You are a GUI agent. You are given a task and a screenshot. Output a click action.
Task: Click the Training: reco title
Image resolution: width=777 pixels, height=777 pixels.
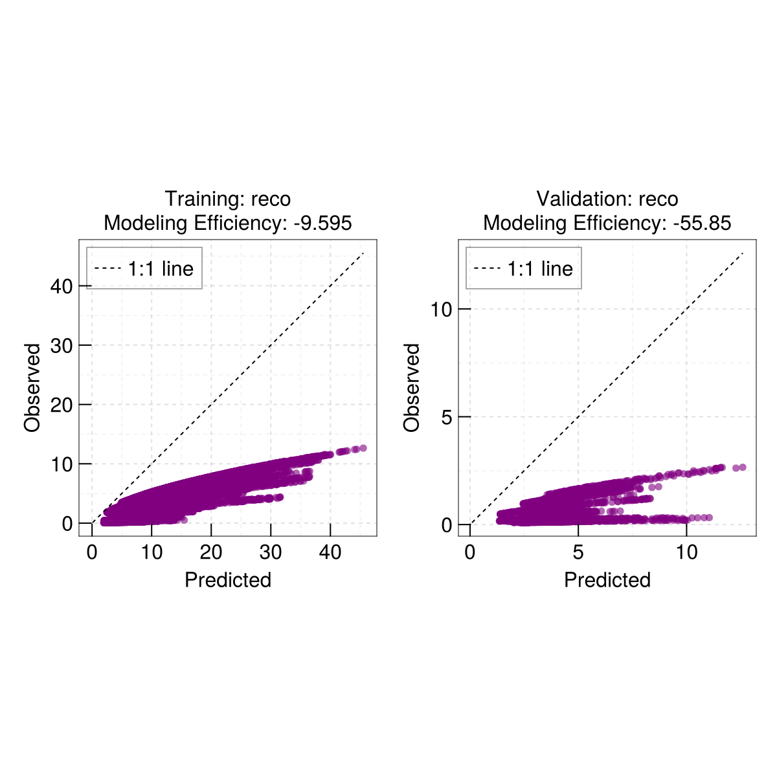[x=227, y=199]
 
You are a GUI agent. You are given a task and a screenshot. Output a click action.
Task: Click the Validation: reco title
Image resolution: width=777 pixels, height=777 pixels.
[x=607, y=199]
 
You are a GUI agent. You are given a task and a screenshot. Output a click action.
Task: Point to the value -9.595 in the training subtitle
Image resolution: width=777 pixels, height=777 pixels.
[x=322, y=223]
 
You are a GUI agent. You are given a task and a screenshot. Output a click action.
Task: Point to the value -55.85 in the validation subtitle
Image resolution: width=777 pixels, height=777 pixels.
[x=702, y=223]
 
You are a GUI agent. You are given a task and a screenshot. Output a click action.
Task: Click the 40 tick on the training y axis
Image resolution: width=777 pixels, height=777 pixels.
[x=61, y=286]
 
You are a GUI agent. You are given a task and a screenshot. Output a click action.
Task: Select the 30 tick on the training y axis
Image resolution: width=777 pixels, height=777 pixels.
[x=61, y=345]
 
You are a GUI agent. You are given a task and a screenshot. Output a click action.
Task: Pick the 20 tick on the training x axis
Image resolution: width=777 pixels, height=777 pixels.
[x=211, y=552]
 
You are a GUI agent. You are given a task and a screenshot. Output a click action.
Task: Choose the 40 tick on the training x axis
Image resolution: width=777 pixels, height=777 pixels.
[x=330, y=552]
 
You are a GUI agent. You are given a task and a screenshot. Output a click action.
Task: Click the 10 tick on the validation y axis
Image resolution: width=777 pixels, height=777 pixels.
[x=441, y=310]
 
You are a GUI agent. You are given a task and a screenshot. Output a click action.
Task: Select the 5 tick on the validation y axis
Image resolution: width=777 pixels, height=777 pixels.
[x=447, y=417]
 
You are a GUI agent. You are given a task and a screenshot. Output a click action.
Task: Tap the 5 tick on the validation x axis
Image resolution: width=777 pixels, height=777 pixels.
[x=578, y=552]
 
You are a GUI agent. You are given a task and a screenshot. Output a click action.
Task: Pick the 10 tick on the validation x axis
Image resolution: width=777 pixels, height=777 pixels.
[x=687, y=552]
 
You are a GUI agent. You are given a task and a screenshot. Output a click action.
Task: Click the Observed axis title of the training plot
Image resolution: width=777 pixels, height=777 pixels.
[x=32, y=387]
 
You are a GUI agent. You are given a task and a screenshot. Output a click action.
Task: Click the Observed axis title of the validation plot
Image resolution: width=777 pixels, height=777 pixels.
[x=412, y=387]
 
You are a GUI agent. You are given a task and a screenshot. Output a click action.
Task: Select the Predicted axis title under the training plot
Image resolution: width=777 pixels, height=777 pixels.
[x=227, y=580]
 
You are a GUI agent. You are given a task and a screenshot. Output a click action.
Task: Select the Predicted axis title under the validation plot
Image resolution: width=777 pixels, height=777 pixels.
[x=607, y=580]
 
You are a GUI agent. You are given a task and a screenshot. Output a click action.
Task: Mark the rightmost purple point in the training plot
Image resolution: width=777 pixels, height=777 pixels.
[x=363, y=448]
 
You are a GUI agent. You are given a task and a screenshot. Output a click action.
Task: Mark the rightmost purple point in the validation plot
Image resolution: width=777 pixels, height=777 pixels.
[x=743, y=467]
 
